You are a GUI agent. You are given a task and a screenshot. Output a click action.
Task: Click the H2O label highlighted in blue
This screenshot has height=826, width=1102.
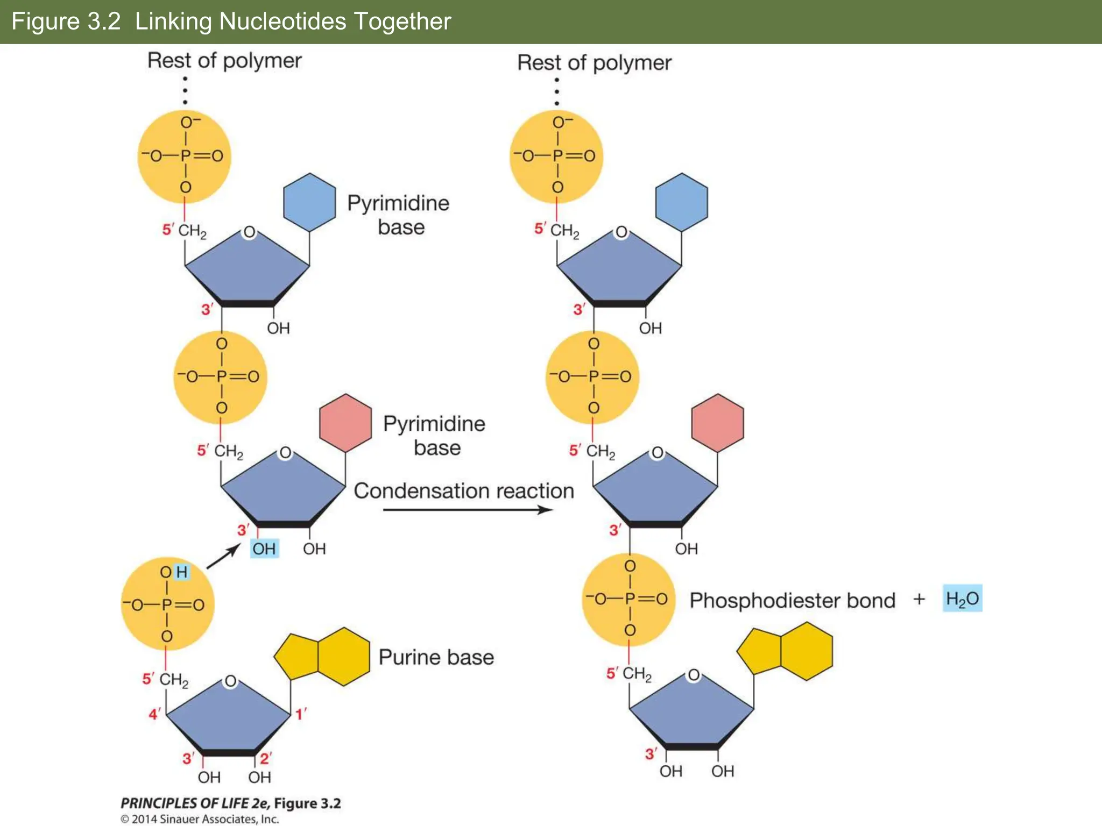click(962, 599)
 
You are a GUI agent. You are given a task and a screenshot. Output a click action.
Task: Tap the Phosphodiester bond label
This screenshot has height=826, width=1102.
click(792, 601)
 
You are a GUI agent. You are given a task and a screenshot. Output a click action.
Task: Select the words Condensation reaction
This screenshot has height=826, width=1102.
click(464, 491)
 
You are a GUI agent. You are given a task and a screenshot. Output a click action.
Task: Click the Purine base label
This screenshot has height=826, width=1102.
click(436, 657)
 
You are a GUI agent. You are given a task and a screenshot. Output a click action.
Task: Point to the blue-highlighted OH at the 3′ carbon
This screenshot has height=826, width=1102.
click(264, 549)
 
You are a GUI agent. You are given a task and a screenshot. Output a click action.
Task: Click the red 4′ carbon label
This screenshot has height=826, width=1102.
click(154, 714)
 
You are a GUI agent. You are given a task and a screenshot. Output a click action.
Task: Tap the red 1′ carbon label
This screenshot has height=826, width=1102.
click(301, 714)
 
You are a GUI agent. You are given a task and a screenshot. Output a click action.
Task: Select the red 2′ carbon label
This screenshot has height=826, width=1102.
click(266, 758)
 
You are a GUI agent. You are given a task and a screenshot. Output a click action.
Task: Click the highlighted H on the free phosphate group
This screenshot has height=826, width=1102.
click(182, 572)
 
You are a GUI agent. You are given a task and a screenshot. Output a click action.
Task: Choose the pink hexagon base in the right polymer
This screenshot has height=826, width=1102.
click(717, 423)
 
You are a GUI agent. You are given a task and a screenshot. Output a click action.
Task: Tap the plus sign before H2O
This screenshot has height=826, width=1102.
click(919, 599)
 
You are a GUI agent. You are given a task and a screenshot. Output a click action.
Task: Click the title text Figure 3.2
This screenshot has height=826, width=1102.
click(66, 22)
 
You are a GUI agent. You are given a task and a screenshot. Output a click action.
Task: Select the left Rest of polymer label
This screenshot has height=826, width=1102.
click(224, 61)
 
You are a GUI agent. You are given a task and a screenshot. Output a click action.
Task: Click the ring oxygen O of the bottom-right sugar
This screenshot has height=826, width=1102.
click(694, 675)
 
